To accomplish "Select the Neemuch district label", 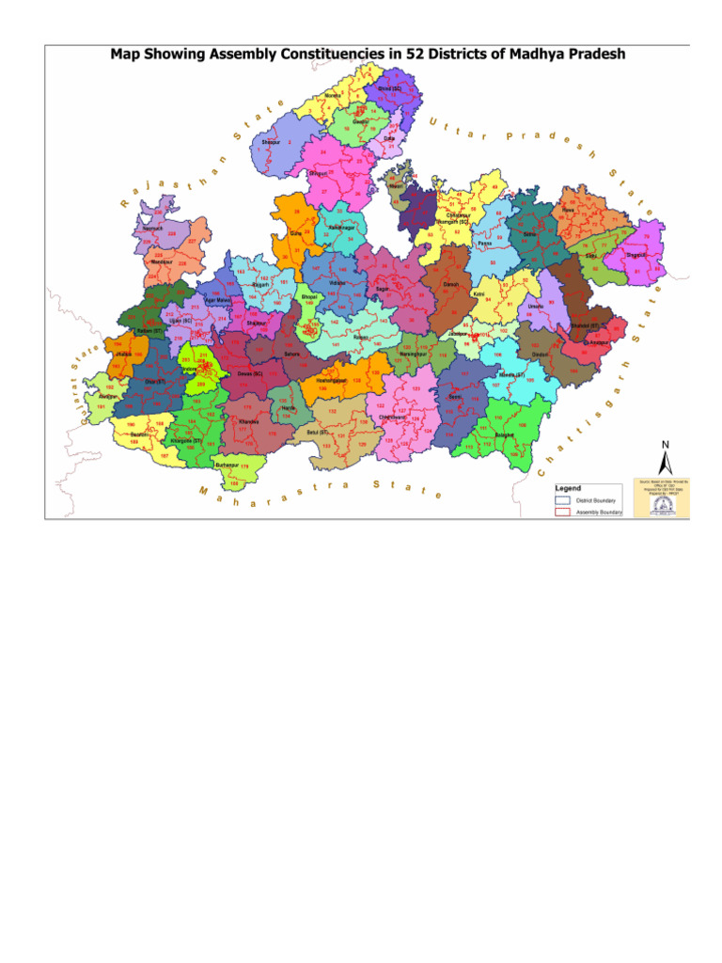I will (x=150, y=229).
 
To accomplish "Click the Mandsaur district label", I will (x=161, y=261).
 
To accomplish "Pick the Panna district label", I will (x=484, y=243).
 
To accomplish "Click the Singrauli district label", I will (x=635, y=254).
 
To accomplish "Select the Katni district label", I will (x=479, y=293).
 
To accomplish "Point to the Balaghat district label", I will (x=505, y=434).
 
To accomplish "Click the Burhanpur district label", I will (x=227, y=465).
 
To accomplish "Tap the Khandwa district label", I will (x=248, y=422).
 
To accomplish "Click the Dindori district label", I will (x=541, y=355).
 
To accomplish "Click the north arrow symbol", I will (x=666, y=461).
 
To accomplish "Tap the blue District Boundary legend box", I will (x=562, y=501).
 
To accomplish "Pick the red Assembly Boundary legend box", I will (x=562, y=513).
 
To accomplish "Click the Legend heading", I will (x=568, y=489).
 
